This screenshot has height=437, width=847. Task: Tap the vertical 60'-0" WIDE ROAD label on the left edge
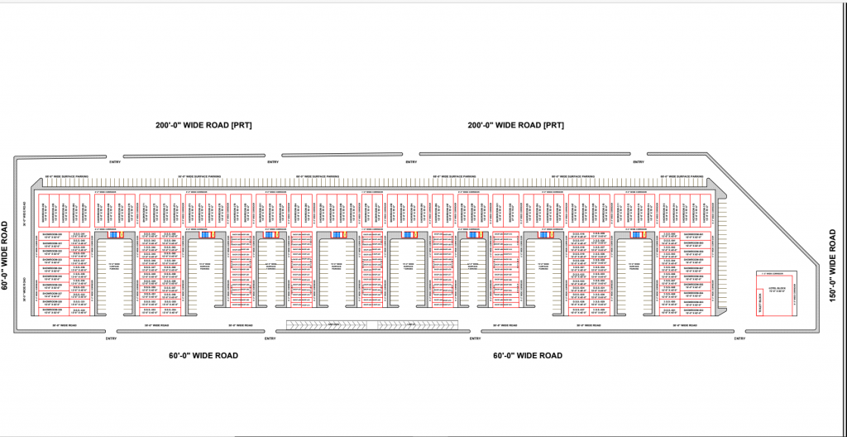click(5, 255)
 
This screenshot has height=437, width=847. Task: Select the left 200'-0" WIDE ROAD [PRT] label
click(203, 126)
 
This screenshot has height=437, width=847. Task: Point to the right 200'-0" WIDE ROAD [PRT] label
click(515, 126)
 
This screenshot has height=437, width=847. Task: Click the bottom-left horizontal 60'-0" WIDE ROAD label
click(203, 355)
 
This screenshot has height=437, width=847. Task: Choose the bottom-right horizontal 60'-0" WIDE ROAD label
click(528, 355)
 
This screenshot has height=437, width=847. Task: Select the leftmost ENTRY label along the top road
click(116, 162)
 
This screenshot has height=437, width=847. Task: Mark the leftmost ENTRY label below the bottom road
click(111, 339)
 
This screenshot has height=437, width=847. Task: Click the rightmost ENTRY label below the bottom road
click(739, 339)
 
